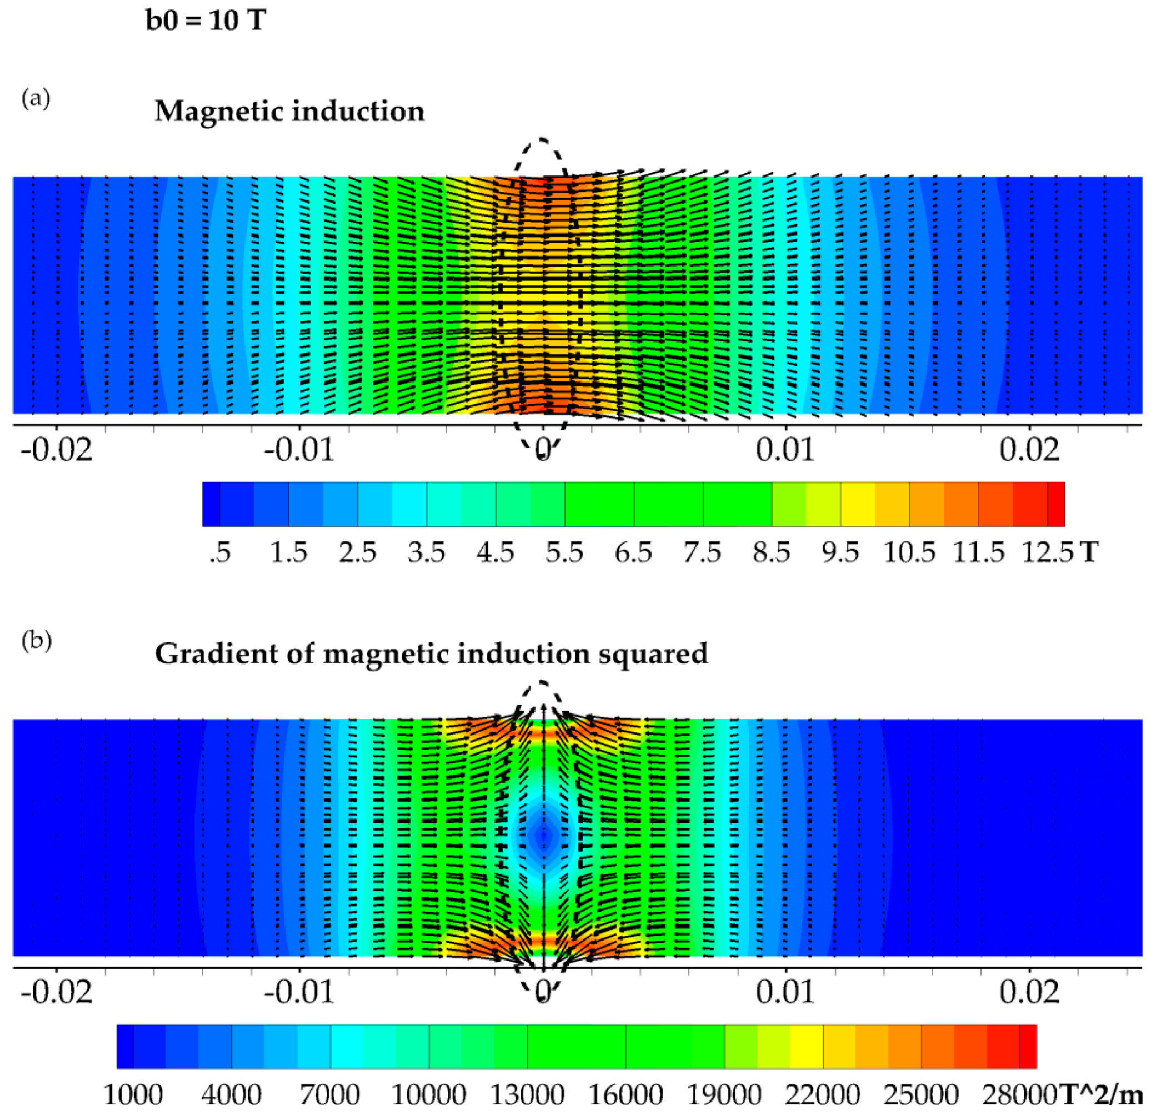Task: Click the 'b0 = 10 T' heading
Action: tap(206, 21)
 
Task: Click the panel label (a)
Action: tap(36, 98)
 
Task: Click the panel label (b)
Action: tap(37, 641)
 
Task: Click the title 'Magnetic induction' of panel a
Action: tap(289, 111)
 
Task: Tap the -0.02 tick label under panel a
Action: tap(57, 450)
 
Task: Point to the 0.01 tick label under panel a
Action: tap(785, 450)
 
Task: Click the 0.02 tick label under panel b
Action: tap(1029, 993)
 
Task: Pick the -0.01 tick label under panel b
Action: tap(299, 993)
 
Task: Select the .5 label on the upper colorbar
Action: tap(219, 552)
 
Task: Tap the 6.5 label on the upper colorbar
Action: tap(634, 552)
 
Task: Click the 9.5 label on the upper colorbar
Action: tap(840, 552)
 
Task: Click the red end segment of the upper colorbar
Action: tap(1055, 504)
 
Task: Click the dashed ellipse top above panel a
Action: tap(542, 140)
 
